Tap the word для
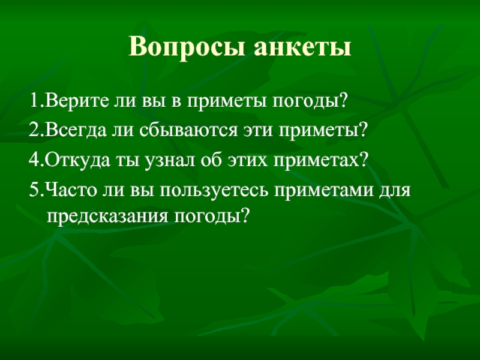(398, 192)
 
